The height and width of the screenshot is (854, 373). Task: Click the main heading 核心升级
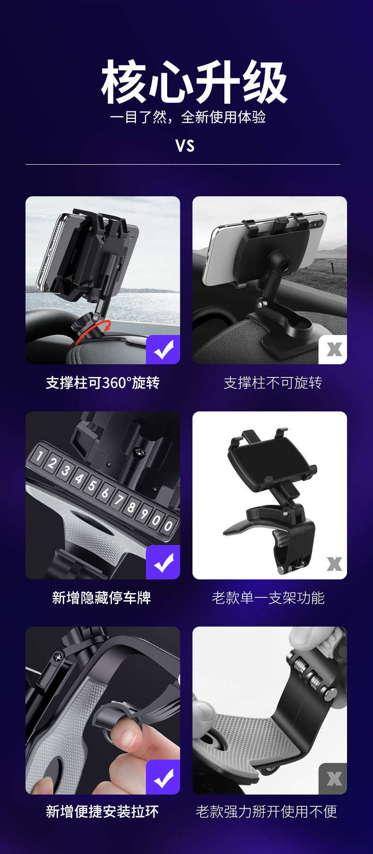194,82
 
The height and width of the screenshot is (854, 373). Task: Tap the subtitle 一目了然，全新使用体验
188,117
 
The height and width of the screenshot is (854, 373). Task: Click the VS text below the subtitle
185,146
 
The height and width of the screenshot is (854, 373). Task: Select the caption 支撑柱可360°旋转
102,383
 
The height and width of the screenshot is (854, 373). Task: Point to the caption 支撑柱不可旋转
272,383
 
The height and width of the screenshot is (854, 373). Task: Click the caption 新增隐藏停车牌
102,598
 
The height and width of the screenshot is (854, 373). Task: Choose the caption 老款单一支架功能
268,598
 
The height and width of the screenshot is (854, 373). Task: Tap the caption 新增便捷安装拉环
102,812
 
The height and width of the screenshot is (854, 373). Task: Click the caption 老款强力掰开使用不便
266,812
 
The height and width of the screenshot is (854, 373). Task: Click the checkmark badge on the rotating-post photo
163,350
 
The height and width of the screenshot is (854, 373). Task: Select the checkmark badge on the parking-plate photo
163,562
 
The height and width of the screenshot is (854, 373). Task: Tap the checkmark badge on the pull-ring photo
163,777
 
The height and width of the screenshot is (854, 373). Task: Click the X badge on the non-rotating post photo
334,350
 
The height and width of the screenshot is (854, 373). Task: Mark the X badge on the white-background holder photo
334,563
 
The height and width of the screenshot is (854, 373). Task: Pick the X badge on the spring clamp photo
334,779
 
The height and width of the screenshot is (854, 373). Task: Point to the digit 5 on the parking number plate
92,486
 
